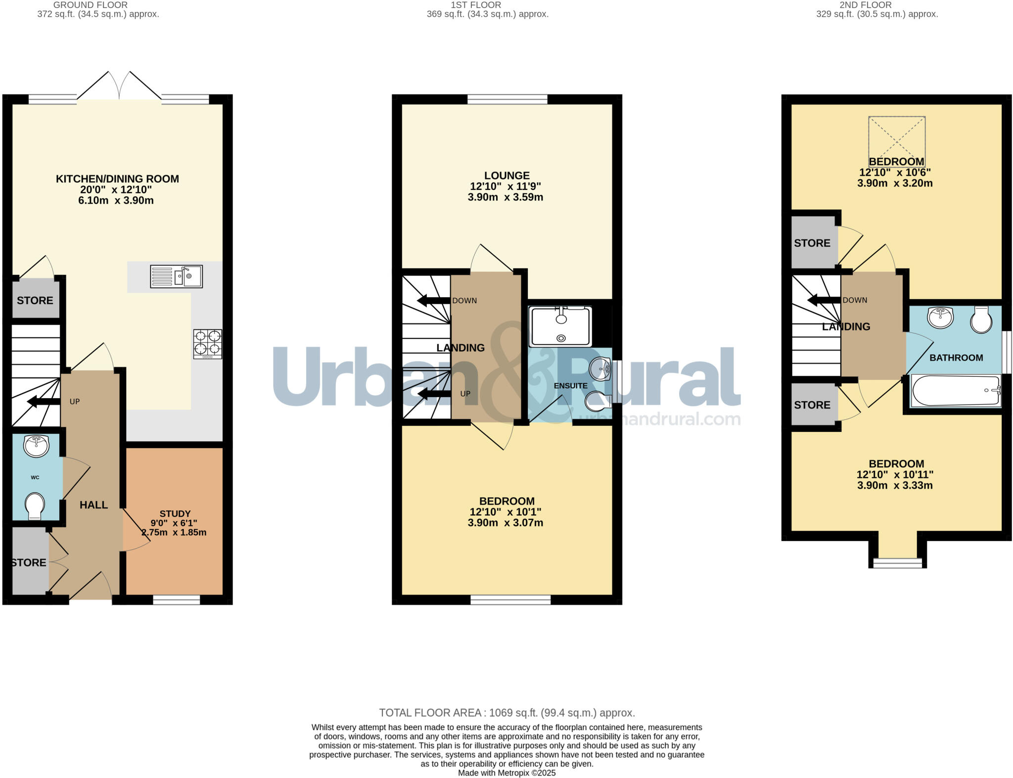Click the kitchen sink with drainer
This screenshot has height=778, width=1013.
coord(176,276)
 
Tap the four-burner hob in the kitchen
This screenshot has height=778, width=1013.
coord(207,343)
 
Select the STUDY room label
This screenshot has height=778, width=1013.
coord(175,513)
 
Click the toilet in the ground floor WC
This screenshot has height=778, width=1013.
coord(35,505)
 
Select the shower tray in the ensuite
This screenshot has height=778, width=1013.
coord(560,326)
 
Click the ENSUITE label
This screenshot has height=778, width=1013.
coord(570,386)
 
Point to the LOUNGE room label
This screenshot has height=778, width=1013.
coord(506,176)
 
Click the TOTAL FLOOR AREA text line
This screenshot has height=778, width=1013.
coord(506,713)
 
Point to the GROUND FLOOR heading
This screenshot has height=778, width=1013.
coord(90,5)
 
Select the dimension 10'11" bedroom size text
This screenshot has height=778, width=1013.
coord(895,474)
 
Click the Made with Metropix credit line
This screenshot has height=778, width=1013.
coord(506,773)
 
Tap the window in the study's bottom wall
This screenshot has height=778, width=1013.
coord(176,599)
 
